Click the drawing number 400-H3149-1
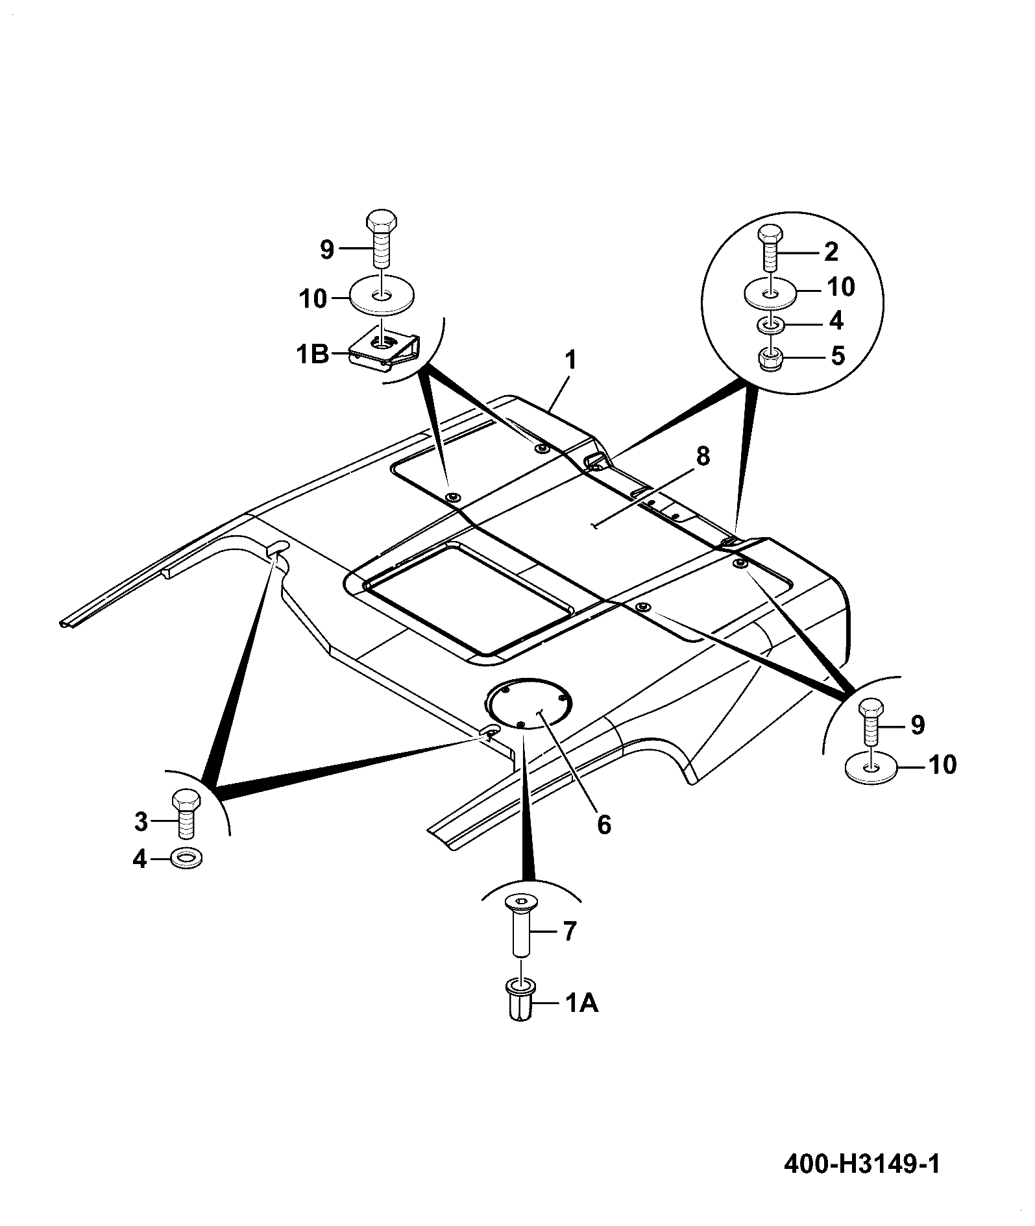pyautogui.click(x=862, y=1164)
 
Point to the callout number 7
pyautogui.click(x=569, y=932)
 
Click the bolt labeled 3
pyautogui.click(x=186, y=815)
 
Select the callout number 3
pyautogui.click(x=141, y=822)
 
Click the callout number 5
pyautogui.click(x=838, y=355)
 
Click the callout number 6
pyautogui.click(x=603, y=825)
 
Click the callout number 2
pyautogui.click(x=831, y=251)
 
